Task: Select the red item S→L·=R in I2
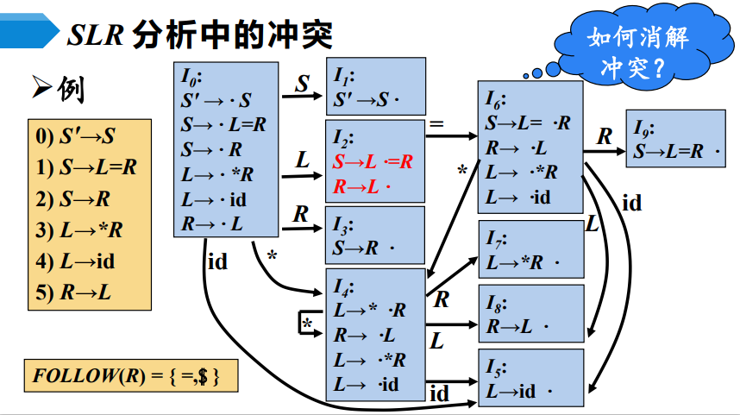pos(373,162)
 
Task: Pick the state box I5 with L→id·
pos(530,379)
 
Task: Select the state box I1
pos(375,86)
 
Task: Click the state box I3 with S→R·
pos(375,235)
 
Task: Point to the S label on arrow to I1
pos(302,84)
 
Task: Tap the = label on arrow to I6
pos(436,125)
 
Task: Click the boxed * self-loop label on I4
pos(307,323)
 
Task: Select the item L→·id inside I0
pos(215,201)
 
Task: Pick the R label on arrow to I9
pos(605,136)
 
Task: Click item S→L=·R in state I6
pos(527,123)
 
